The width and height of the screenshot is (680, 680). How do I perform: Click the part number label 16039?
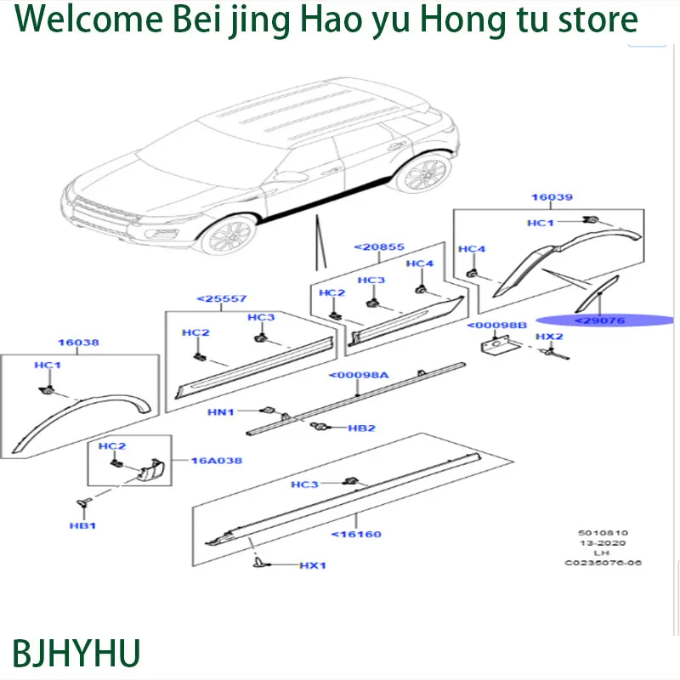tap(552, 197)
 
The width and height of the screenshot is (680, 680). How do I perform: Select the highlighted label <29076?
tap(600, 320)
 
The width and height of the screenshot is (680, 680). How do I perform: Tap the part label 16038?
tap(78, 343)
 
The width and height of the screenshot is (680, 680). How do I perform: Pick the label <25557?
tap(222, 299)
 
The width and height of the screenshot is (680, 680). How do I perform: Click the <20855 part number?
tap(379, 246)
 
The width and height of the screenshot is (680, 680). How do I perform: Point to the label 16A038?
tap(217, 461)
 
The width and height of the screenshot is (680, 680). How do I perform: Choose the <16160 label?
tap(356, 535)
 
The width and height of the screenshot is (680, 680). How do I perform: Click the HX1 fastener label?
tap(313, 565)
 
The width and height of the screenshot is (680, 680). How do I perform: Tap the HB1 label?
tap(82, 525)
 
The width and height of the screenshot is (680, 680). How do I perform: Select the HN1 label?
tap(221, 412)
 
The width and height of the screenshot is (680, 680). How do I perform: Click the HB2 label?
tap(362, 428)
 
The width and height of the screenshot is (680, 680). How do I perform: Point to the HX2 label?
tap(549, 337)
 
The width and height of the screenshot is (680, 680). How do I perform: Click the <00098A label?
tap(359, 375)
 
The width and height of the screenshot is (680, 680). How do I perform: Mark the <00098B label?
tap(497, 326)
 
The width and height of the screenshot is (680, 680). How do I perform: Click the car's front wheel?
tap(228, 235)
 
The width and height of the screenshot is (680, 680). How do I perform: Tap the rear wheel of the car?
tap(422, 173)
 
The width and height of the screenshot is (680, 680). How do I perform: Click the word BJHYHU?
tap(76, 653)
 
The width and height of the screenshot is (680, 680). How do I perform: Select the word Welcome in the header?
tap(88, 19)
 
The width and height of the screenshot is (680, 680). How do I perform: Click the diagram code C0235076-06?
tap(603, 563)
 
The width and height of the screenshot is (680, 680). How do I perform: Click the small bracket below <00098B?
tap(499, 348)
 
